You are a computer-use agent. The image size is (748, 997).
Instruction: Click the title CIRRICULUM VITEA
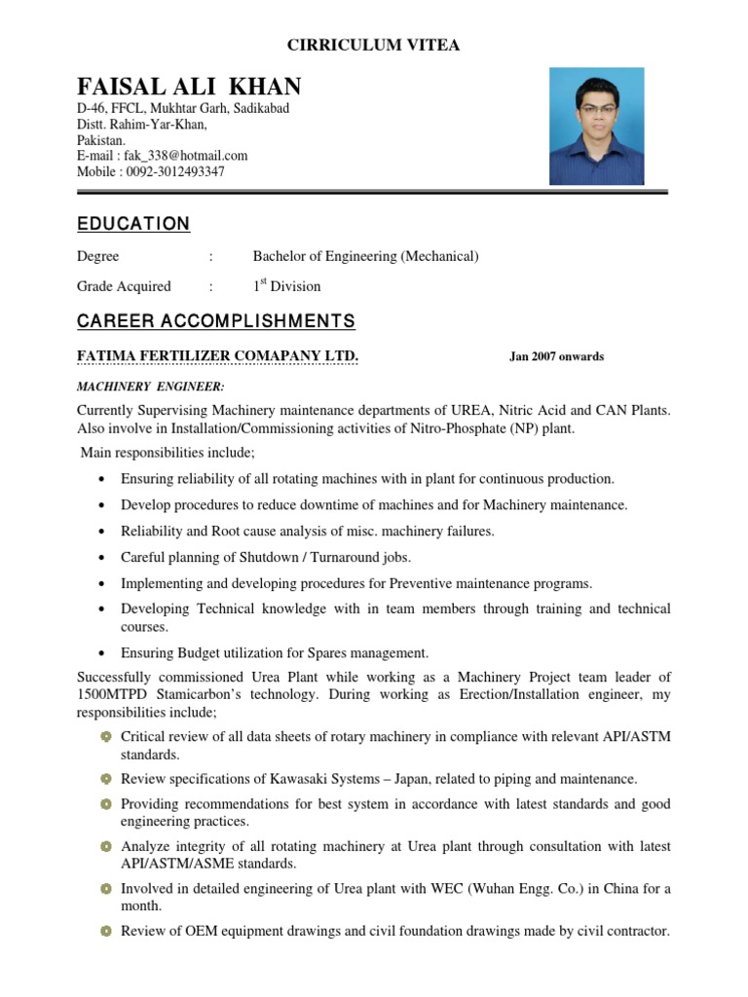(x=373, y=45)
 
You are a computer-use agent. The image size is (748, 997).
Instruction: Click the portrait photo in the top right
(x=596, y=126)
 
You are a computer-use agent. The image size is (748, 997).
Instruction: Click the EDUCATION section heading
(x=133, y=224)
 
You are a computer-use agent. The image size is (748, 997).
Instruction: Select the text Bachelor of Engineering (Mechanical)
(x=365, y=256)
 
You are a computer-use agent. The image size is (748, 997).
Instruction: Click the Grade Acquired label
(x=124, y=286)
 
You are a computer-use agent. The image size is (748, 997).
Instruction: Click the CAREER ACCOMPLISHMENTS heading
(x=216, y=321)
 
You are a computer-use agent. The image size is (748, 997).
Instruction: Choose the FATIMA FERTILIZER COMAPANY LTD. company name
(x=218, y=355)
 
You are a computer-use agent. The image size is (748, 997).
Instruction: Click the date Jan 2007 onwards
(x=556, y=356)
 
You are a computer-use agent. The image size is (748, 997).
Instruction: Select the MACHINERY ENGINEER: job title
(x=136, y=388)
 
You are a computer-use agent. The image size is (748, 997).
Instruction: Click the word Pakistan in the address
(x=101, y=139)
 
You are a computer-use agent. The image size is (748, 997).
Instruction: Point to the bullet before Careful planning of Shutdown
(x=103, y=558)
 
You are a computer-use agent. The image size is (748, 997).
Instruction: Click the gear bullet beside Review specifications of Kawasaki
(x=105, y=779)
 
